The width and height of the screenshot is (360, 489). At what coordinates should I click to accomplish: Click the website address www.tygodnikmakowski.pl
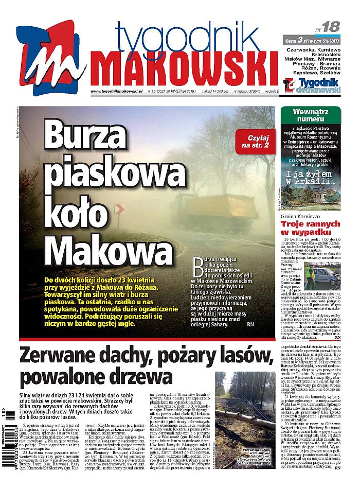tap(116, 92)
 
